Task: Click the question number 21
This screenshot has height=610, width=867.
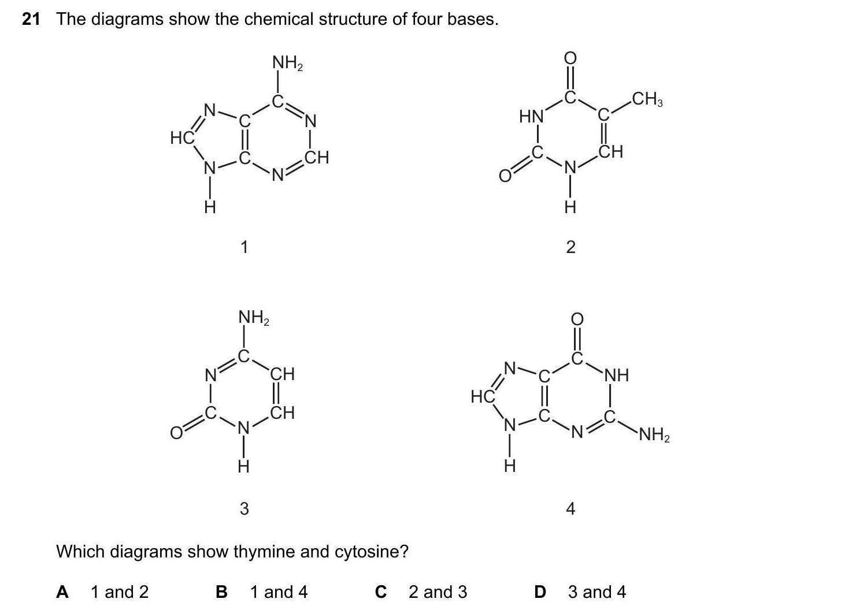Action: click(x=31, y=20)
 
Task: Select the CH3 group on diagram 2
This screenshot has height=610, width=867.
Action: click(x=647, y=100)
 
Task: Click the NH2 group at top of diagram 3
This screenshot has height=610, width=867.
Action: click(x=254, y=318)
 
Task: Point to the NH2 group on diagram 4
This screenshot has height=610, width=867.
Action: click(x=654, y=434)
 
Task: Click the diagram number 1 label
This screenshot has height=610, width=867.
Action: click(x=244, y=248)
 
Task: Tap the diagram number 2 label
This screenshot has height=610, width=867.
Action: click(x=570, y=248)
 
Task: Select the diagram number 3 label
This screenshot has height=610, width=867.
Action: click(x=244, y=509)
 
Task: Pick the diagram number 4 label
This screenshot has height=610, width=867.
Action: click(x=570, y=509)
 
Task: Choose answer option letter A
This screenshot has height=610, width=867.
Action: click(x=62, y=592)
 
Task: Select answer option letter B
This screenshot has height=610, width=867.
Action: click(x=221, y=592)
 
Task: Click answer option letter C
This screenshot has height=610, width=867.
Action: click(x=380, y=592)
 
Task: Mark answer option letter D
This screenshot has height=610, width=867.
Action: click(x=540, y=592)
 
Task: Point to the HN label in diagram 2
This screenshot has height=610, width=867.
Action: click(x=531, y=117)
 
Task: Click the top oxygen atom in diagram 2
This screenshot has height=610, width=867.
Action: click(x=570, y=58)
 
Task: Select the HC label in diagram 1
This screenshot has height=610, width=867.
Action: click(x=182, y=138)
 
